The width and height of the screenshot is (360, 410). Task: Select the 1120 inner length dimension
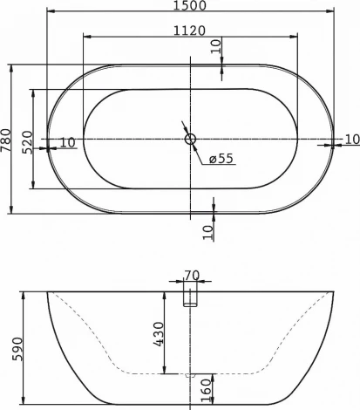[x=188, y=30]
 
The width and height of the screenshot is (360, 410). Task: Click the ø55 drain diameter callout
[x=221, y=158]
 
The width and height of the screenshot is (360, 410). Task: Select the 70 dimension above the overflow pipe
[x=192, y=277]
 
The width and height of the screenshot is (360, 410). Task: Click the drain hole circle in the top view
[x=191, y=139]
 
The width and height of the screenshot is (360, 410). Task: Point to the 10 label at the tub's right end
[x=350, y=140]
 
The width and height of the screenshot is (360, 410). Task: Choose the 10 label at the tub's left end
[x=67, y=142]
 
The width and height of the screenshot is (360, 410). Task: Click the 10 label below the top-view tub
[x=207, y=230]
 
